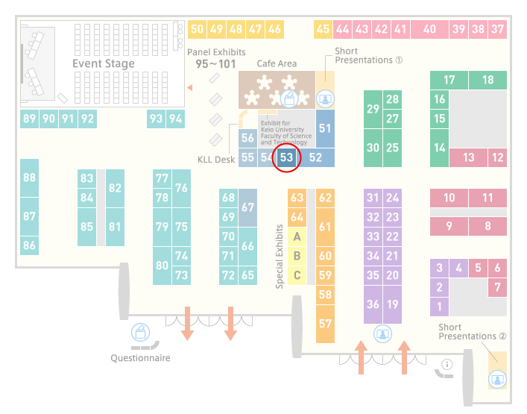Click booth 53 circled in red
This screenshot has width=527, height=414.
click(x=287, y=157)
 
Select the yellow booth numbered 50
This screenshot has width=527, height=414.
click(x=197, y=29)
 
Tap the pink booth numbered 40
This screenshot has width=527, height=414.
click(x=429, y=29)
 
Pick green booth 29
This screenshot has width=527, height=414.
click(x=373, y=110)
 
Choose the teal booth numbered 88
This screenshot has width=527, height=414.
click(x=29, y=178)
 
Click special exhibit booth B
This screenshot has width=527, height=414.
click(x=297, y=256)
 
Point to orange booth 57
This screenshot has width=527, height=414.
click(x=325, y=324)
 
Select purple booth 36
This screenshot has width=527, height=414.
click(x=373, y=304)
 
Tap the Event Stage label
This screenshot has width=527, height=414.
click(x=104, y=63)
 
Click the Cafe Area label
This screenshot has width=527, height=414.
click(x=277, y=63)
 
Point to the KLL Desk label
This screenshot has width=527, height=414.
click(x=216, y=160)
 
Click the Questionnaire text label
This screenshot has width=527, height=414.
click(x=140, y=358)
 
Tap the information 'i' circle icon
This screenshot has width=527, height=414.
click(x=447, y=364)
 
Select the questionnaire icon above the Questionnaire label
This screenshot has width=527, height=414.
click(x=140, y=333)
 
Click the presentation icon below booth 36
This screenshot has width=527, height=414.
click(x=382, y=334)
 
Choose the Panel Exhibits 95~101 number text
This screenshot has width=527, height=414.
click(x=215, y=64)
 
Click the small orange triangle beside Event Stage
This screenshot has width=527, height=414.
click(x=190, y=88)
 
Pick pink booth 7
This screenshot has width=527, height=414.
click(x=497, y=287)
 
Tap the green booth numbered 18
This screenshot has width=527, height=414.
click(x=487, y=80)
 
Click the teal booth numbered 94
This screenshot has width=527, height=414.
click(x=175, y=119)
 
